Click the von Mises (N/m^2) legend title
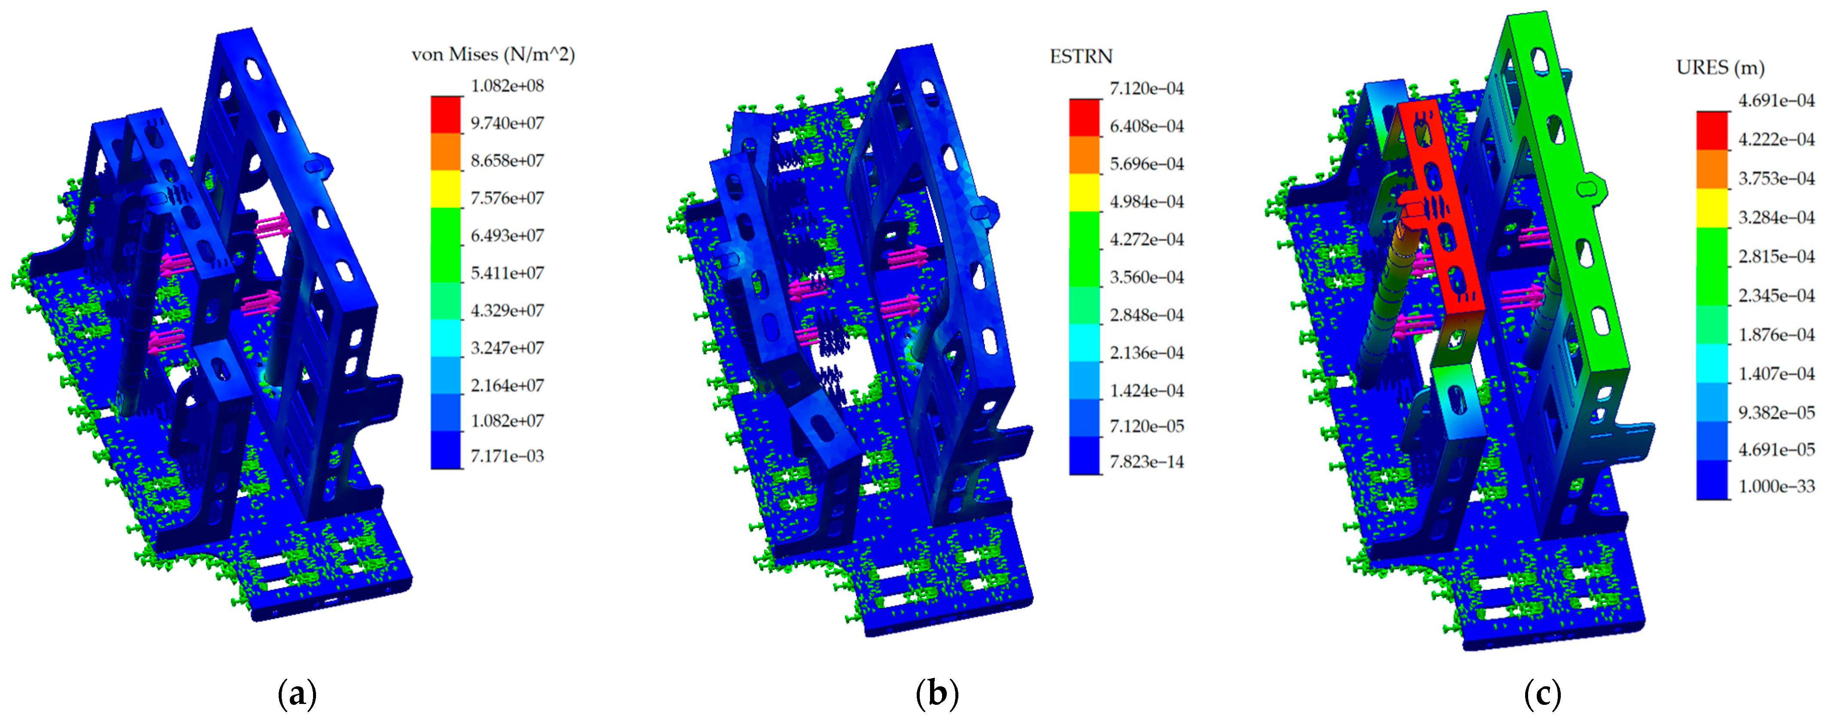[x=493, y=55]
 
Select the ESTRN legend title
[x=1081, y=56]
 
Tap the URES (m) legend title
[x=1720, y=67]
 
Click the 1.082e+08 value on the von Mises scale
[x=507, y=86]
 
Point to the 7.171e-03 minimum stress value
[x=507, y=456]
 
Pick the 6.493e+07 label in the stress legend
[x=507, y=235]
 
